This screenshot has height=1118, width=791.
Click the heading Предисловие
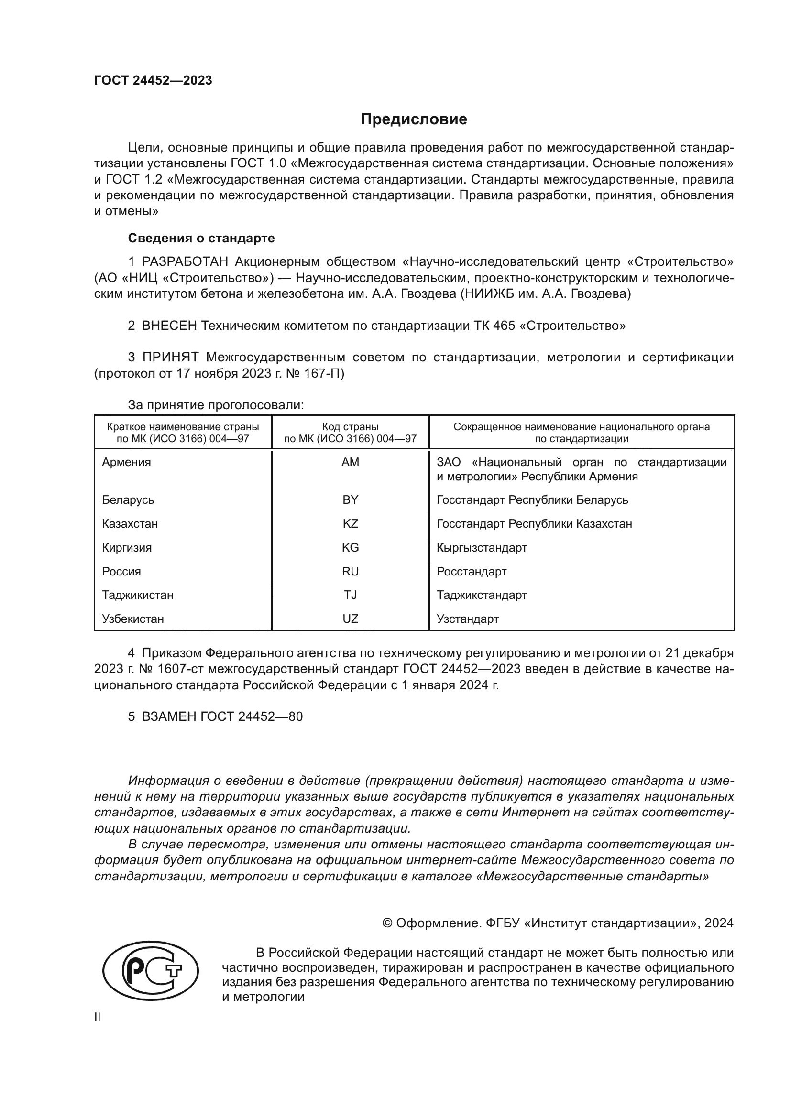pyautogui.click(x=414, y=119)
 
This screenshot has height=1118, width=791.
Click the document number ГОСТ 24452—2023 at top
pyautogui.click(x=153, y=80)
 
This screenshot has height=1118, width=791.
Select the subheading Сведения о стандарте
pyautogui.click(x=201, y=238)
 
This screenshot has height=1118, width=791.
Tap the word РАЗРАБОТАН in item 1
pyautogui.click(x=185, y=262)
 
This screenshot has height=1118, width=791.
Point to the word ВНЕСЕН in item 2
pyautogui.click(x=169, y=326)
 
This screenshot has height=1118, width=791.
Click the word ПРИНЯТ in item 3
pyautogui.click(x=170, y=358)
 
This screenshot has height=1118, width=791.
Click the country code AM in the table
pyautogui.click(x=350, y=462)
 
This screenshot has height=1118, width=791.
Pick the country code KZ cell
pyautogui.click(x=350, y=524)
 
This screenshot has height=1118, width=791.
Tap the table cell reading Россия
pyautogui.click(x=121, y=572)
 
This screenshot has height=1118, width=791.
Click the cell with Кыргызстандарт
pyautogui.click(x=481, y=548)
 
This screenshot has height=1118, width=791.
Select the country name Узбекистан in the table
pyautogui.click(x=132, y=619)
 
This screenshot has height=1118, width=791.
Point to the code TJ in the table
pyautogui.click(x=350, y=595)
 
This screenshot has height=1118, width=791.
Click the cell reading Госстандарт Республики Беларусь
pyautogui.click(x=532, y=500)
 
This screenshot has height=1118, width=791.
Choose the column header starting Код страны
pyautogui.click(x=350, y=433)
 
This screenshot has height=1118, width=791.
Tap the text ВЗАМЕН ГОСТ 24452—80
pyautogui.click(x=221, y=716)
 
